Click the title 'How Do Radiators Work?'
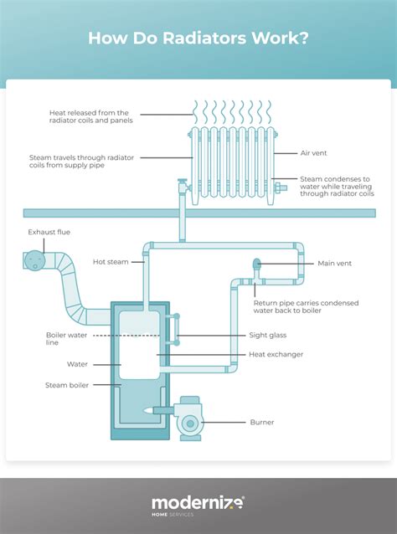point(198,39)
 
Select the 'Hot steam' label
point(112,262)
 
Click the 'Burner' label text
point(261,422)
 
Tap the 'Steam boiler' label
point(66,385)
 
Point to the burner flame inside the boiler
point(151,410)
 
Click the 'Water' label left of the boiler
point(77,365)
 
